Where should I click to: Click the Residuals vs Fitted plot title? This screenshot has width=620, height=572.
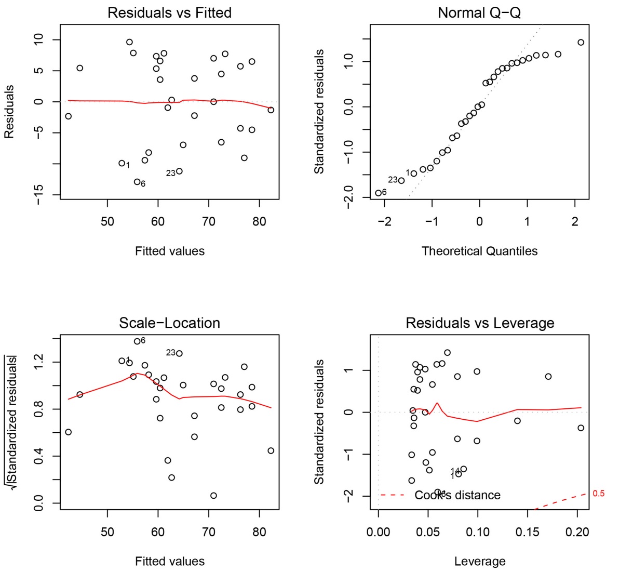click(x=169, y=13)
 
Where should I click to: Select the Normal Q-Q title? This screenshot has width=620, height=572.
click(x=479, y=13)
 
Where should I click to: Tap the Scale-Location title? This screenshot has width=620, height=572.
click(x=169, y=323)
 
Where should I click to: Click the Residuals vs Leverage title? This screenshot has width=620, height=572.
click(x=480, y=323)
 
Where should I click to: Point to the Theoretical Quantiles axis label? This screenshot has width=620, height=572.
click(x=479, y=251)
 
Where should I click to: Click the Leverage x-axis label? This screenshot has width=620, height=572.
click(x=480, y=562)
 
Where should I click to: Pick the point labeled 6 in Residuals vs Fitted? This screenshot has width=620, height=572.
click(x=137, y=182)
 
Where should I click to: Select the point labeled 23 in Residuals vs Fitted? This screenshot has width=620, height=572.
click(x=179, y=171)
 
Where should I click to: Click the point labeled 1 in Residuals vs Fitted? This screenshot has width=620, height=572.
click(x=122, y=163)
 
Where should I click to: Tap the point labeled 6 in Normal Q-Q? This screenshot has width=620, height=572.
click(x=378, y=193)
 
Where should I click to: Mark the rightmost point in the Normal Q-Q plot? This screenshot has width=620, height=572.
click(x=581, y=43)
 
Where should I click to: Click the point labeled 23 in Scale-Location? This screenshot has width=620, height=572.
click(x=179, y=353)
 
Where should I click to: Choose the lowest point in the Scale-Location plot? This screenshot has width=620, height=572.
click(x=213, y=496)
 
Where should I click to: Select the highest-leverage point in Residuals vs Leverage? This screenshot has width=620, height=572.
click(x=581, y=428)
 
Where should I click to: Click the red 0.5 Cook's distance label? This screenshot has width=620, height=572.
click(x=598, y=494)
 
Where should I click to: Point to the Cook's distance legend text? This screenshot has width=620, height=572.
click(x=457, y=496)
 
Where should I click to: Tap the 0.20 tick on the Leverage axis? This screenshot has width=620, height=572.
click(x=577, y=532)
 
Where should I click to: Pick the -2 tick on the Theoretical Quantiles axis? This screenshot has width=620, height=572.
click(x=384, y=222)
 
